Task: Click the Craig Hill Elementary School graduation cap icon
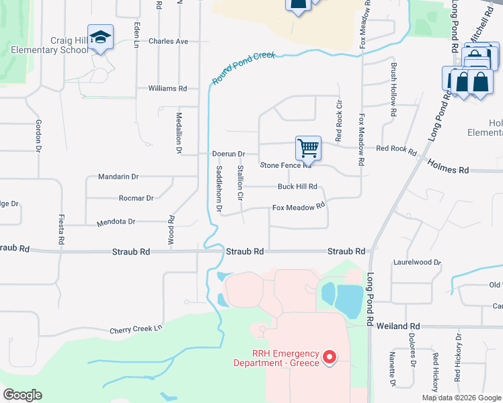pyautogui.click(x=100, y=38)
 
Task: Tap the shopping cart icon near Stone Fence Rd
pyautogui.click(x=308, y=147)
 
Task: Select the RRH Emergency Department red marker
pyautogui.click(x=330, y=357)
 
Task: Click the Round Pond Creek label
pyautogui.click(x=243, y=69)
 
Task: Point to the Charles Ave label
pyautogui.click(x=169, y=41)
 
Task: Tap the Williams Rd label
pyautogui.click(x=167, y=88)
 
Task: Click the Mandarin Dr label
pyautogui.click(x=118, y=177)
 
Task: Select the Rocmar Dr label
pyautogui.click(x=136, y=198)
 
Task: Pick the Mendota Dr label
pyautogui.click(x=116, y=221)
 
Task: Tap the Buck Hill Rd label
pyautogui.click(x=297, y=187)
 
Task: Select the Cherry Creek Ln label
pyautogui.click(x=137, y=329)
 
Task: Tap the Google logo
pyautogui.click(x=22, y=395)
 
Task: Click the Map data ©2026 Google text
pyautogui.click(x=461, y=398)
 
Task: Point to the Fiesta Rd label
pyautogui.click(x=61, y=229)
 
